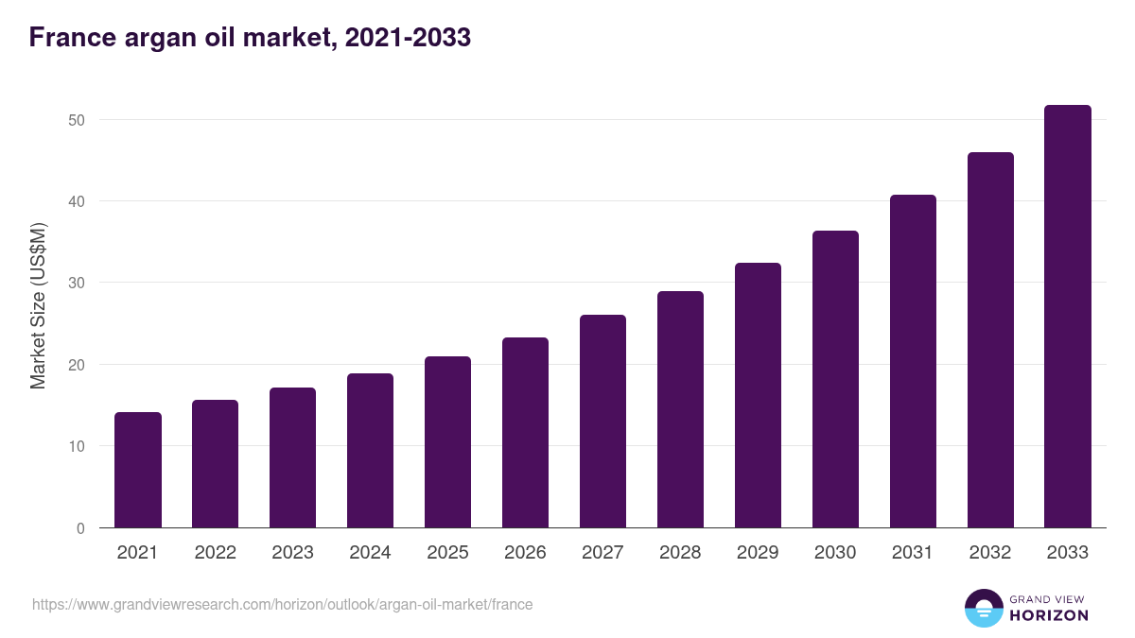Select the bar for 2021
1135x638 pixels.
tap(138, 470)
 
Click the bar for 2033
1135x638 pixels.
tap(1068, 317)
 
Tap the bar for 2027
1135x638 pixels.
tap(602, 422)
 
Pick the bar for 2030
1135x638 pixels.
tap(835, 379)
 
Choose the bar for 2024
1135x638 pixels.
tap(370, 451)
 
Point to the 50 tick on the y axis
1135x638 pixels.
tap(77, 120)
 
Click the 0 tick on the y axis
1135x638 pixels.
tap(80, 528)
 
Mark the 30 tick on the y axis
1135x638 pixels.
tap(77, 284)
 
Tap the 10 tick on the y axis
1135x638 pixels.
tap(77, 446)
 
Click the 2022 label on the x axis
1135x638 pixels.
tap(215, 553)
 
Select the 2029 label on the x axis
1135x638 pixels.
tap(758, 553)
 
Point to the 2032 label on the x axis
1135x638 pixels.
tap(990, 553)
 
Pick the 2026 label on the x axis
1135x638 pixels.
tap(525, 553)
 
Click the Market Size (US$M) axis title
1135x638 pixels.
tap(38, 305)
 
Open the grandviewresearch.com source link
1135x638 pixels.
tap(282, 604)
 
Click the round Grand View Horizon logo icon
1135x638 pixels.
tap(984, 608)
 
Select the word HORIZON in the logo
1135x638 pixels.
tap(1049, 615)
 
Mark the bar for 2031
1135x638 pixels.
tap(913, 361)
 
